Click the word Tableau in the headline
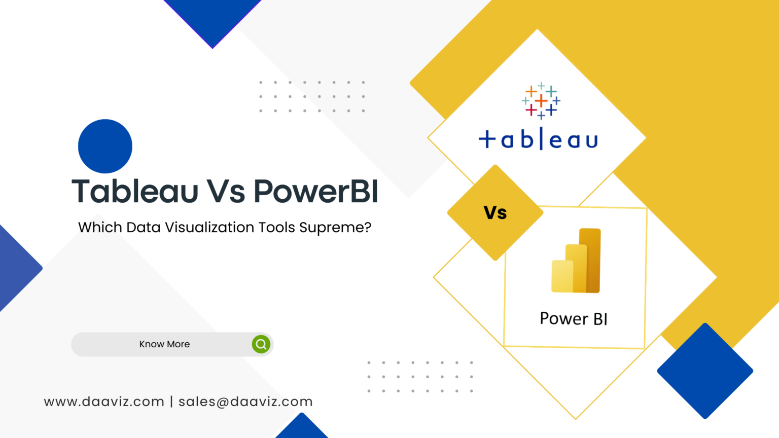pyautogui.click(x=135, y=192)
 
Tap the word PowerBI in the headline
pyautogui.click(x=315, y=192)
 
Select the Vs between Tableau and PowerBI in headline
pyautogui.click(x=226, y=192)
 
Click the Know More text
pyautogui.click(x=164, y=344)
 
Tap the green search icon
pyautogui.click(x=261, y=344)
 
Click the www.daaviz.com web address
pyautogui.click(x=104, y=402)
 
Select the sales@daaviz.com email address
pyautogui.click(x=245, y=402)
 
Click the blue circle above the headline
pyautogui.click(x=105, y=146)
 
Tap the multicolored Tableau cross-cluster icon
pyautogui.click(x=541, y=100)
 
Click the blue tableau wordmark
pyautogui.click(x=539, y=139)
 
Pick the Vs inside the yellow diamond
pyautogui.click(x=495, y=213)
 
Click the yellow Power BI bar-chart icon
pyautogui.click(x=576, y=261)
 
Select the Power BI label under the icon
pyautogui.click(x=574, y=319)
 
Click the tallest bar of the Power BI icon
pyautogui.click(x=590, y=260)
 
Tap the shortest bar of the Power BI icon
pyautogui.click(x=562, y=276)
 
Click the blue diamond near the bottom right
pyautogui.click(x=705, y=371)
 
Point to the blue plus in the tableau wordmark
pyautogui.click(x=487, y=139)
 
